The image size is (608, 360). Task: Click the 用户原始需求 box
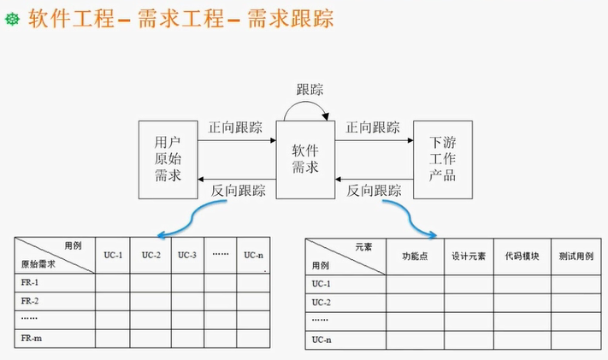click(x=168, y=159)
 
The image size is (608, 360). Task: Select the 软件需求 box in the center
click(x=304, y=159)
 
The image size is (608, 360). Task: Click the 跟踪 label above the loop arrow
click(x=310, y=89)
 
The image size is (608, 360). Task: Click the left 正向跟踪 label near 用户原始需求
click(x=235, y=128)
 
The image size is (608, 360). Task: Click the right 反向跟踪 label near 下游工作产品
click(x=374, y=191)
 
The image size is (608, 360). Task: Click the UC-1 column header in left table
click(x=114, y=255)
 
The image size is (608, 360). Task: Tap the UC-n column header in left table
click(x=254, y=255)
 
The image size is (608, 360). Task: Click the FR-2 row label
click(x=30, y=301)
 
